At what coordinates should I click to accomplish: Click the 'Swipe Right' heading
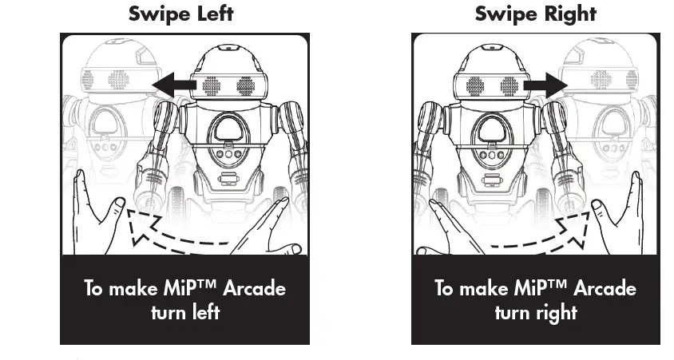click(536, 14)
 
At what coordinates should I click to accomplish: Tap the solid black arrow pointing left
click(175, 85)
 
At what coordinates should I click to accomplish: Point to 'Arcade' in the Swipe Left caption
click(252, 287)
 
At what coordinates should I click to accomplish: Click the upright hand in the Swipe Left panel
click(97, 212)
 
